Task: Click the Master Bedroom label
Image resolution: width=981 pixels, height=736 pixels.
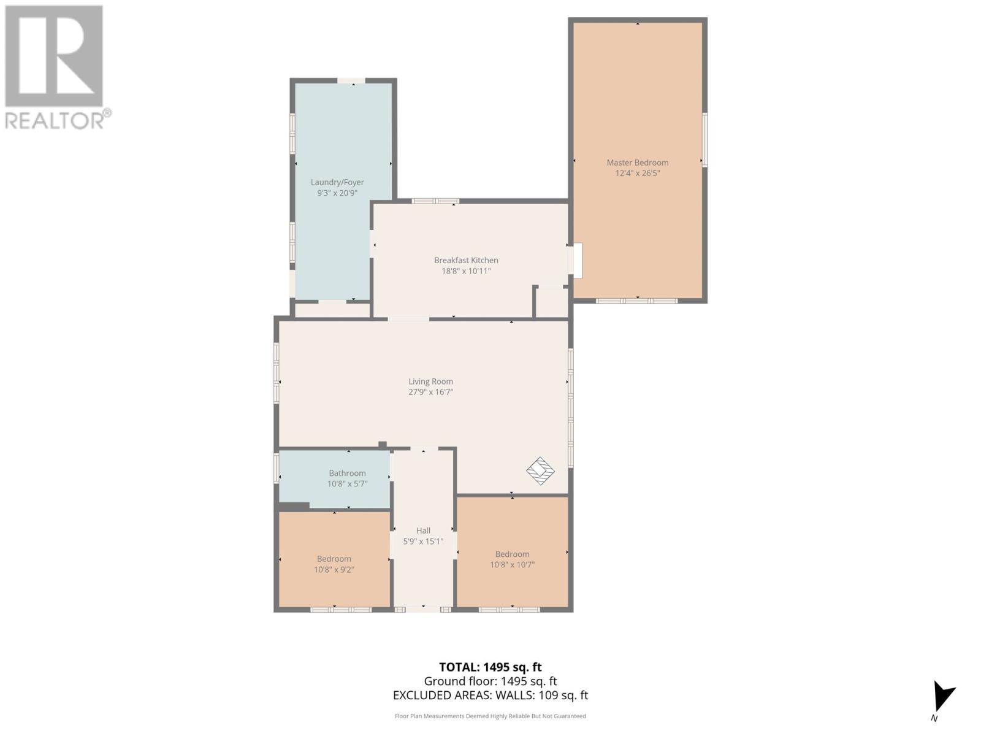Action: (637, 163)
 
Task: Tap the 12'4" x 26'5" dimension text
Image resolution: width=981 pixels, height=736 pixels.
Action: (637, 174)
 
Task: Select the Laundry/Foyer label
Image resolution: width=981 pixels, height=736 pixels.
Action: (337, 182)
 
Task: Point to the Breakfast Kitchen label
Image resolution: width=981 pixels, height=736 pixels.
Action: (466, 260)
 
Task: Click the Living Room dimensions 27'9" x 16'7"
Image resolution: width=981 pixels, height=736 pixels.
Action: (430, 393)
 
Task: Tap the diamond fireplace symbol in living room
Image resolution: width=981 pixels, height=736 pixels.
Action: (540, 471)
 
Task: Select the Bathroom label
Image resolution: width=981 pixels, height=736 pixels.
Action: (347, 473)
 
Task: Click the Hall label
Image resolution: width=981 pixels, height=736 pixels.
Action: (423, 531)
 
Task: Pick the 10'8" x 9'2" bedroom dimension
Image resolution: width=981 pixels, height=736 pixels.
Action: (334, 569)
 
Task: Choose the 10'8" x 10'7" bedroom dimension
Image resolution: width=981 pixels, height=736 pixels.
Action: (512, 564)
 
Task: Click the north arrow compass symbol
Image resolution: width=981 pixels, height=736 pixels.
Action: (942, 698)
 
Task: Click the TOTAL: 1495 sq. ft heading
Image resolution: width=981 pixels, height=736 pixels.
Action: (490, 667)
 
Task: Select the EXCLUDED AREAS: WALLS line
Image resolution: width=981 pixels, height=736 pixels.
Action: (490, 695)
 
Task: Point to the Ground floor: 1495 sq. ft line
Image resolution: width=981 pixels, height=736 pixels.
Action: (490, 681)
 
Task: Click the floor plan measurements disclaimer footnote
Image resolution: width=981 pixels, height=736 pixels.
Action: (490, 716)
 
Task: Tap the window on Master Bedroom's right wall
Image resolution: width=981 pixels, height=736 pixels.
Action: (704, 140)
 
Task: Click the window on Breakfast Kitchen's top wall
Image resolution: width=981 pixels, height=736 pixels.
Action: (435, 201)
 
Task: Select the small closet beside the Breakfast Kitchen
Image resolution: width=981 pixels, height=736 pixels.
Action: (552, 302)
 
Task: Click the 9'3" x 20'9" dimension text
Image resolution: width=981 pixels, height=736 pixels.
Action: (337, 193)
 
